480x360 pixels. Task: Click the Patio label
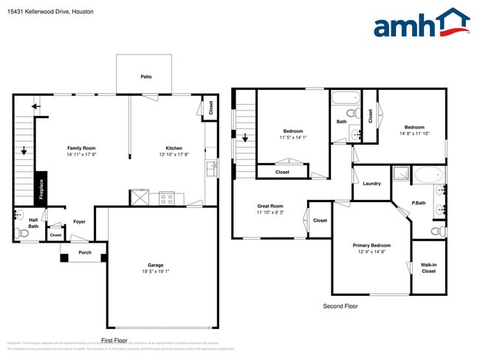coord(146,77)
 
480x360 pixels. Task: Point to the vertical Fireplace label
coord(42,190)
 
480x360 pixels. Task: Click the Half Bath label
coord(33,223)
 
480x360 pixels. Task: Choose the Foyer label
coord(79,221)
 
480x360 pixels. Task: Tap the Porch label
coord(85,252)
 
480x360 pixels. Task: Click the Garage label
coord(155,265)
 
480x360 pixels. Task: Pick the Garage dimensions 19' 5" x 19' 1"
coord(155,271)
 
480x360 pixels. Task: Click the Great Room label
coord(270,206)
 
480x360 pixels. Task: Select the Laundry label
coord(372,184)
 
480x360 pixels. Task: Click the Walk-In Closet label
coord(428,268)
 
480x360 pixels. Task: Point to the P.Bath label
coord(418,203)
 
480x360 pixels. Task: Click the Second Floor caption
coord(340,305)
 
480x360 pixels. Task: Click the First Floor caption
coord(114,341)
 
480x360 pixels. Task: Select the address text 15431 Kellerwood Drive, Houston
coord(45,12)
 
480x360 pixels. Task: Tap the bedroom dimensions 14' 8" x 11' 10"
coord(414,134)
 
